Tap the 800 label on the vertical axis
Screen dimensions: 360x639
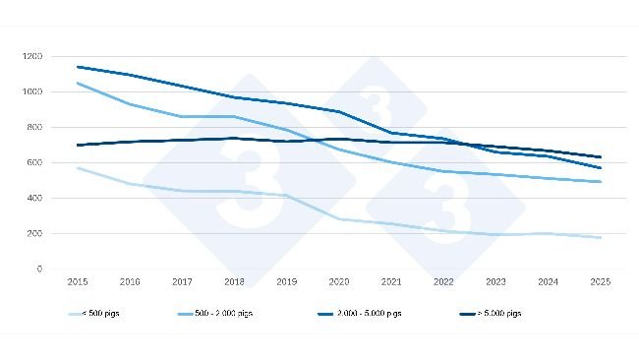click(33, 127)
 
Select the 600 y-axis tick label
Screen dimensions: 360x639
click(33, 162)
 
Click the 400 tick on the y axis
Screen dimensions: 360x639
click(33, 198)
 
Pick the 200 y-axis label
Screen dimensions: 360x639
click(33, 233)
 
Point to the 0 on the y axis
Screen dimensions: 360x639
click(38, 269)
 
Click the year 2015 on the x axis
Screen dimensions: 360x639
click(77, 281)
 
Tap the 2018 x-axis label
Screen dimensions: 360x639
click(234, 281)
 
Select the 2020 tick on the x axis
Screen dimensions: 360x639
click(338, 281)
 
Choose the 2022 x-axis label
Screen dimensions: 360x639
click(443, 281)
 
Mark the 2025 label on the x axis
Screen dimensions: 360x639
click(601, 281)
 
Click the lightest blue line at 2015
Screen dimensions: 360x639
click(77, 168)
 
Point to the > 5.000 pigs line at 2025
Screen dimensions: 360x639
click(601, 157)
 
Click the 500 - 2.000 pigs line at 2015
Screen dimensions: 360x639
click(77, 84)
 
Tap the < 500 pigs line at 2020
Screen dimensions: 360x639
click(338, 219)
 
